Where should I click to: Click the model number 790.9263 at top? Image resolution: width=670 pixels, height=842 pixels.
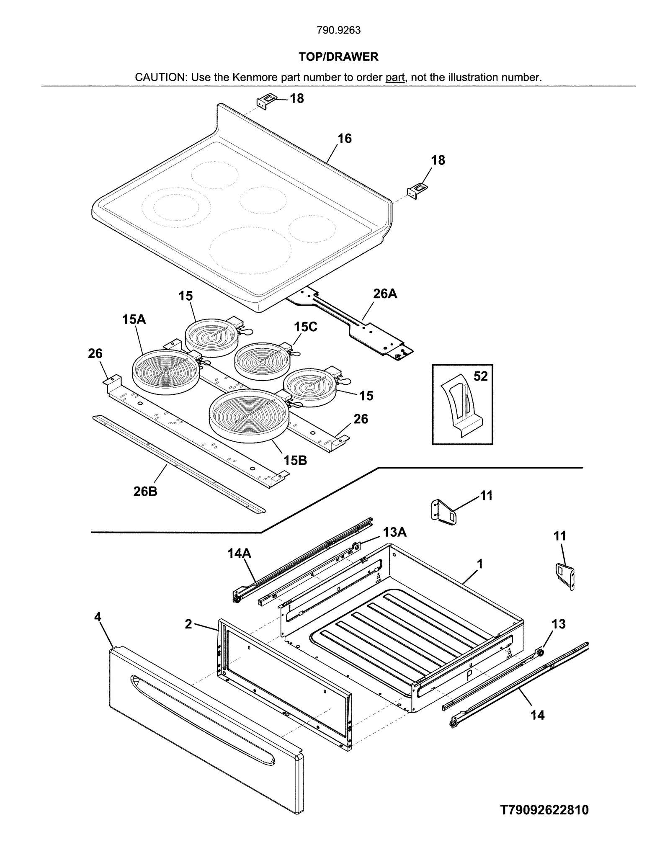338,30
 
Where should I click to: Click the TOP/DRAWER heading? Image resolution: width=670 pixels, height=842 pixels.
338,57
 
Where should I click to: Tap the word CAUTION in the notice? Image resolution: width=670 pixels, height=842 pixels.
160,77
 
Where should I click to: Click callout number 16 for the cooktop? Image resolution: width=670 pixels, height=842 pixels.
344,139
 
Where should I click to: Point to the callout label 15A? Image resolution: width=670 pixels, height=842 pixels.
134,319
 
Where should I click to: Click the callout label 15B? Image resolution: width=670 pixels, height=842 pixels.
295,461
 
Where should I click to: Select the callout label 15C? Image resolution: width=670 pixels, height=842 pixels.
305,327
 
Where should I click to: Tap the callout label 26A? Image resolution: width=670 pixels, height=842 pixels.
385,294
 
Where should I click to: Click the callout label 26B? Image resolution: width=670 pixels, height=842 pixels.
145,491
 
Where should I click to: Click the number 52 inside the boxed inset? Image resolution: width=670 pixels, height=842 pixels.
480,376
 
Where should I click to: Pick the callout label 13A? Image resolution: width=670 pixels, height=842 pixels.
394,532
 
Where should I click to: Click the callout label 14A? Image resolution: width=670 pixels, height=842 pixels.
239,554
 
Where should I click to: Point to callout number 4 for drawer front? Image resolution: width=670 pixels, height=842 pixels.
98,617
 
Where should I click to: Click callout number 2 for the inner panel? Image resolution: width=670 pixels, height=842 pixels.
188,624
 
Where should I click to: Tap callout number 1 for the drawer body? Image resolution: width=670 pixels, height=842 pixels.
480,564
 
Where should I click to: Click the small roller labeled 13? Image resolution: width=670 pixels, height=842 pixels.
540,652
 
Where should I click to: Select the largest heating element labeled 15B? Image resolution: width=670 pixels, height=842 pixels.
248,416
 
